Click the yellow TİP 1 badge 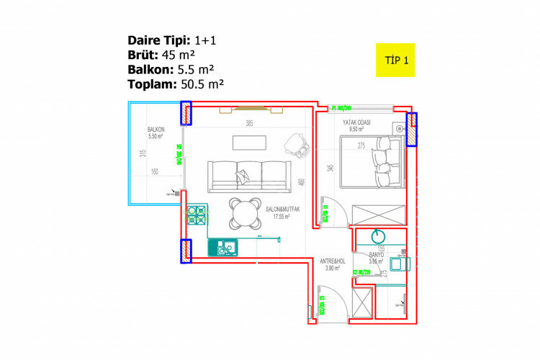[395, 60]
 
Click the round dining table [245, 212]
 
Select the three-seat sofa [248, 176]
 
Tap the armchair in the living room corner [295, 143]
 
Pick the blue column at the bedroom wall [412, 130]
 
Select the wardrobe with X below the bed [378, 214]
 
